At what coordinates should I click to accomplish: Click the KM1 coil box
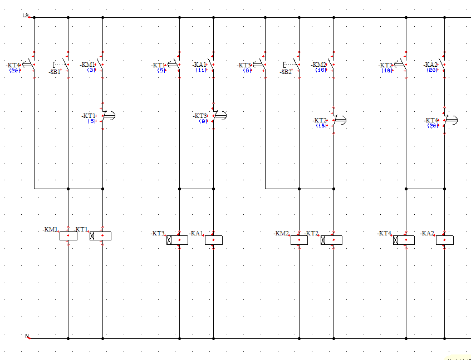coord(68,236)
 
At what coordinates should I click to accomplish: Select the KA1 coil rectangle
coord(214,240)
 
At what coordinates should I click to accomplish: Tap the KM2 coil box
coord(299,240)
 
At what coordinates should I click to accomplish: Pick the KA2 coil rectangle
coord(444,240)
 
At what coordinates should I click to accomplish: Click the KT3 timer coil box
coord(178,240)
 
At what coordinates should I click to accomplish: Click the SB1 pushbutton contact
coord(66,66)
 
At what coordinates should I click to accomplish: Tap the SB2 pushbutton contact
coord(297,66)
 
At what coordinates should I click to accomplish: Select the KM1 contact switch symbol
coord(101,65)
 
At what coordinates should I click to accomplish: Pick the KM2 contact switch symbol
coord(332,65)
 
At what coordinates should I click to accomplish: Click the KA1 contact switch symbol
coord(213,65)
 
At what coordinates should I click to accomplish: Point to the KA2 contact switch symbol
coord(443,65)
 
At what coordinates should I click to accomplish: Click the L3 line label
coord(25,15)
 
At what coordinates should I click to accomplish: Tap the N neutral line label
coord(27,336)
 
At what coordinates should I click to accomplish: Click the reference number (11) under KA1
coord(201,71)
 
